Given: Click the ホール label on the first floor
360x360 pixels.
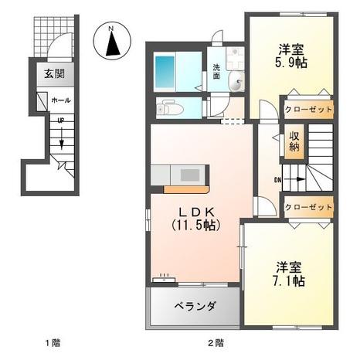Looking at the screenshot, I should coord(60,100).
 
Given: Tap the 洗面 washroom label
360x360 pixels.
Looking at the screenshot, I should coord(217,72).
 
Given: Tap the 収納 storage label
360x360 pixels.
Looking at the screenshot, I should coord(295,141).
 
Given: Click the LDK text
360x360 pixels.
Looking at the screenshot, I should coord(194,210).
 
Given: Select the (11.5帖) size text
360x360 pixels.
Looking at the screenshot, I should coord(194,225).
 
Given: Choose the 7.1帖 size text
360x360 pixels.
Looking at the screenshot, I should coord(289,282).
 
